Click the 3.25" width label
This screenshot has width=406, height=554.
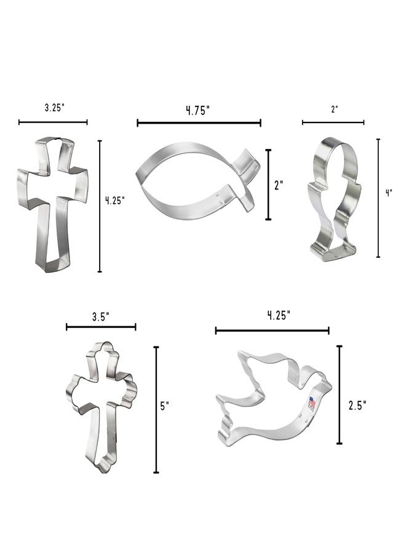55,108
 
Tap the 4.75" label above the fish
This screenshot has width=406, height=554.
198,111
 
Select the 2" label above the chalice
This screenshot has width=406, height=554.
335,109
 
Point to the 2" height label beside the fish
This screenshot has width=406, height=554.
279,185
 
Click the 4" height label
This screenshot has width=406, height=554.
389,193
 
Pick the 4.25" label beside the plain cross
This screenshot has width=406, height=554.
115,201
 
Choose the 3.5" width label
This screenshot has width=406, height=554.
101,316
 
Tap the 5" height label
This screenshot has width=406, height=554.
165,406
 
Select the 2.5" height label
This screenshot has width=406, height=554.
357,405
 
